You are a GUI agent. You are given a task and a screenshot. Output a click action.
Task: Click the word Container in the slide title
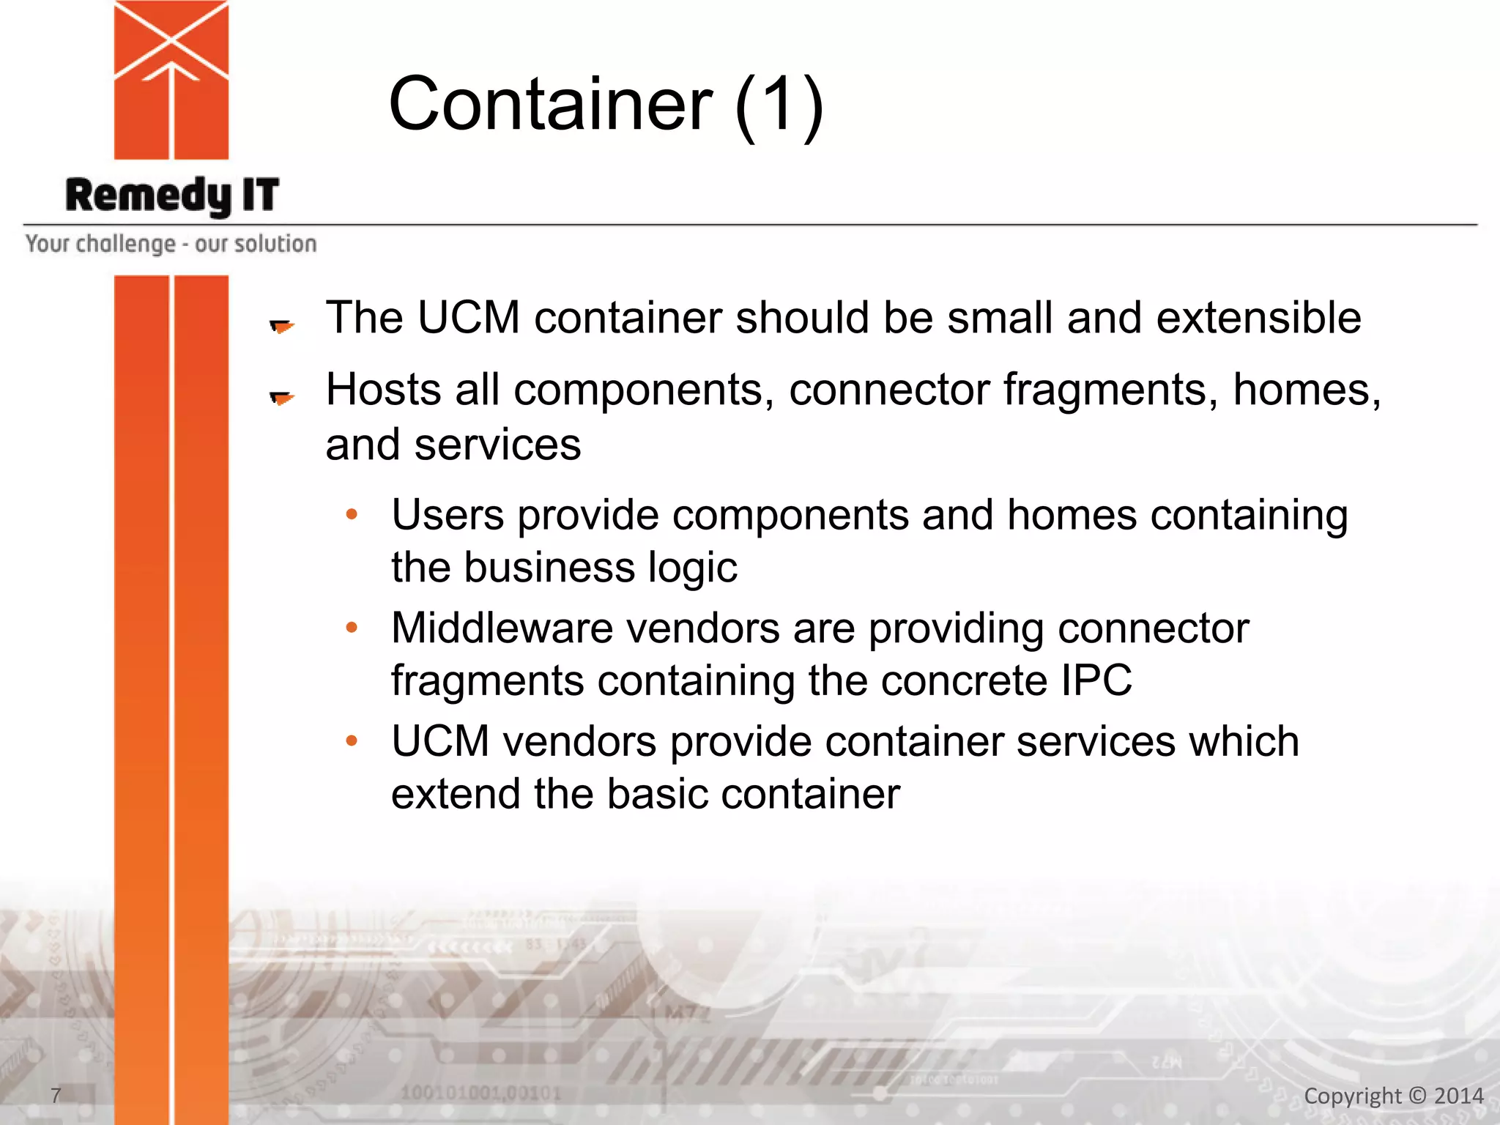(x=550, y=105)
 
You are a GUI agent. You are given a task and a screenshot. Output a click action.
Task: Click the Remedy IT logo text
(x=172, y=196)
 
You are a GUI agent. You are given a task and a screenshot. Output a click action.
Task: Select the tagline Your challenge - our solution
(x=171, y=244)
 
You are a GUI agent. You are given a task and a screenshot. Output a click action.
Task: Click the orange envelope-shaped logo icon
(x=171, y=79)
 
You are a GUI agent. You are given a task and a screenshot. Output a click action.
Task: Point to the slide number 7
(x=56, y=1095)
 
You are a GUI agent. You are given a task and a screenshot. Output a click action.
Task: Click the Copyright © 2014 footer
(x=1393, y=1096)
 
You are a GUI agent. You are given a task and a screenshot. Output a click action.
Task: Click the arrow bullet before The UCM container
(x=282, y=326)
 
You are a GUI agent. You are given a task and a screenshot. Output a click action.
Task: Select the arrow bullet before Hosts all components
(x=282, y=398)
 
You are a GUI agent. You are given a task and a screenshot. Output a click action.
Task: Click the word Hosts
(x=384, y=389)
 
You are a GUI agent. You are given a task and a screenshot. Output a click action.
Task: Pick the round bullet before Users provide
(x=352, y=515)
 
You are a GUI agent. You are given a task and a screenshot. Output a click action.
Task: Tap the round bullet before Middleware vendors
(x=352, y=628)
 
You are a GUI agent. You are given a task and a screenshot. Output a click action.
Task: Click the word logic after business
(x=692, y=568)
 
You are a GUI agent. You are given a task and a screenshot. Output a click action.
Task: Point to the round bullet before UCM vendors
(x=352, y=741)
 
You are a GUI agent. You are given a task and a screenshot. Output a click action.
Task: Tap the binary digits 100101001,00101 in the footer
(x=480, y=1094)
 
